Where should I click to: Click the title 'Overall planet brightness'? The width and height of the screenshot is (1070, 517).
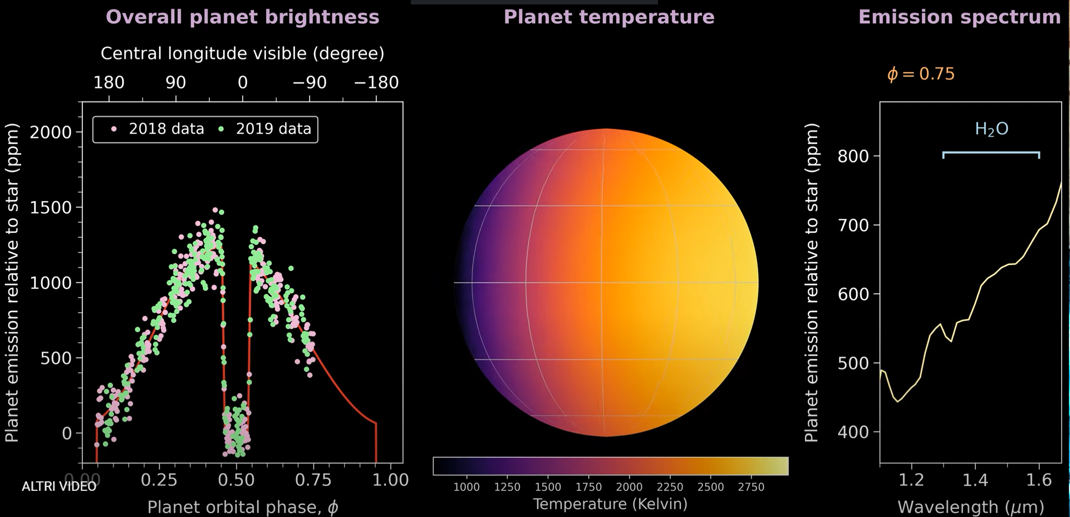point(242,17)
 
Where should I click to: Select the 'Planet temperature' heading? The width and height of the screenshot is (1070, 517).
point(608,17)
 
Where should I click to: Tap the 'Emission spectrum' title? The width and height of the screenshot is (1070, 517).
point(959,17)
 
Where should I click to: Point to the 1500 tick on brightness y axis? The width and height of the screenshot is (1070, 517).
point(51,208)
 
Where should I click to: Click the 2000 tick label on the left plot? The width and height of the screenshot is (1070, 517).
point(51,133)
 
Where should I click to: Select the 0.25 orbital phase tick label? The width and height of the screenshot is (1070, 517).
point(159,480)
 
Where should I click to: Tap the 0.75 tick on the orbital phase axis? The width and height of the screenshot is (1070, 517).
point(313,480)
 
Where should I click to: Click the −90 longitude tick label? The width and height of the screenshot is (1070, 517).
point(310,83)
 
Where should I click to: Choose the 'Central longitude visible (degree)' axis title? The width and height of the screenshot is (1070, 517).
point(242,53)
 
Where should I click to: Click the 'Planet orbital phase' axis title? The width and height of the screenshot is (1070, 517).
point(243,507)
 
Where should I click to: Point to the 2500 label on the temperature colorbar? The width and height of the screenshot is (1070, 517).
point(710,487)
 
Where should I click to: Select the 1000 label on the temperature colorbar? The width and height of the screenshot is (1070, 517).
point(466,487)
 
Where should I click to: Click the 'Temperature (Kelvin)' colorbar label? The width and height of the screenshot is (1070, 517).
point(610,504)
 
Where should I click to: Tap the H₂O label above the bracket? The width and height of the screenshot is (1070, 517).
point(992,129)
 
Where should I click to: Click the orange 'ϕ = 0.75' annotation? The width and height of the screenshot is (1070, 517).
point(921,74)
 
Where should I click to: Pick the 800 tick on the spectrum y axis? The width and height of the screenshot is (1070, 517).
point(853,157)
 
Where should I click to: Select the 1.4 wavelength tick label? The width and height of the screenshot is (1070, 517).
point(975,480)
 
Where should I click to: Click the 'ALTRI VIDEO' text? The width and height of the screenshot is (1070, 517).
point(59,486)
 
